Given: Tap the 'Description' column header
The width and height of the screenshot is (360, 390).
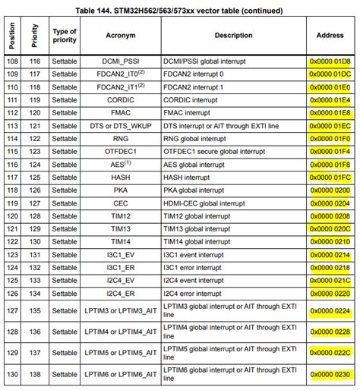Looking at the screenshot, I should (x=233, y=35).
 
